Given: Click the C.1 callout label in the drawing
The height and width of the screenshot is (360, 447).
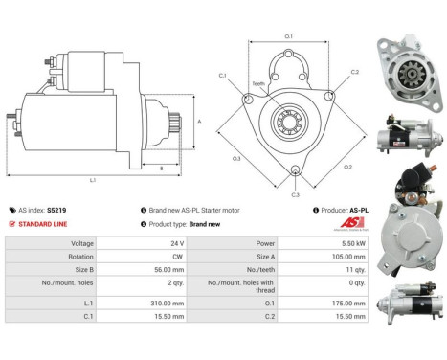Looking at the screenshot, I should coord(222,75).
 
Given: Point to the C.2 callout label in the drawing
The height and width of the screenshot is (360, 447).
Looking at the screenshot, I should coord(353,72).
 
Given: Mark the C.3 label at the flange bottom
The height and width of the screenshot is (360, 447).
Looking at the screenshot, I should coord(295,194).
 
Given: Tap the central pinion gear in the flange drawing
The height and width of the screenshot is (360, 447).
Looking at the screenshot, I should coord(287,122).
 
